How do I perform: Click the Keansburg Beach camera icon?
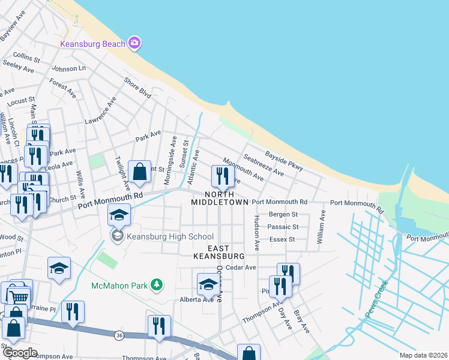[x=134, y=43]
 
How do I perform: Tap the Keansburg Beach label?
[x=92, y=43]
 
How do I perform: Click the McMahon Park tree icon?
[x=156, y=284]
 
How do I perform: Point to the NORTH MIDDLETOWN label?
[x=219, y=198]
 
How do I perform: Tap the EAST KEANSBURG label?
[x=219, y=252]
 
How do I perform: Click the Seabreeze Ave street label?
[x=264, y=164]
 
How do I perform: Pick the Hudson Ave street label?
[x=256, y=232]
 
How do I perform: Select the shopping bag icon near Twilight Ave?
[x=139, y=172]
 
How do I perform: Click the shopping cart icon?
[x=20, y=296]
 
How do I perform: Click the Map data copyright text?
[x=423, y=355]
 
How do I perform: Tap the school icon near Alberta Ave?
[x=208, y=284]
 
